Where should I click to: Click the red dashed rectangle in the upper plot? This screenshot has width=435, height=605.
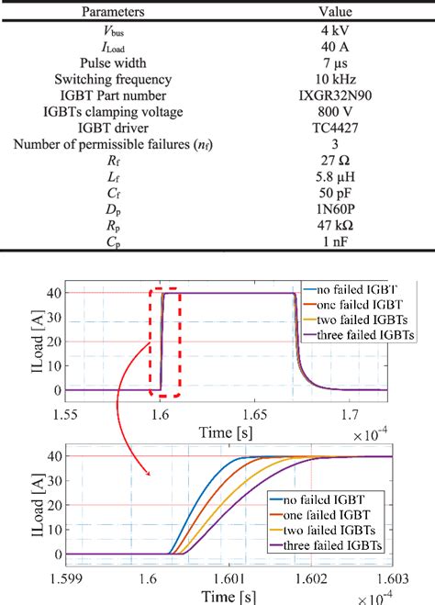point(166,342)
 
